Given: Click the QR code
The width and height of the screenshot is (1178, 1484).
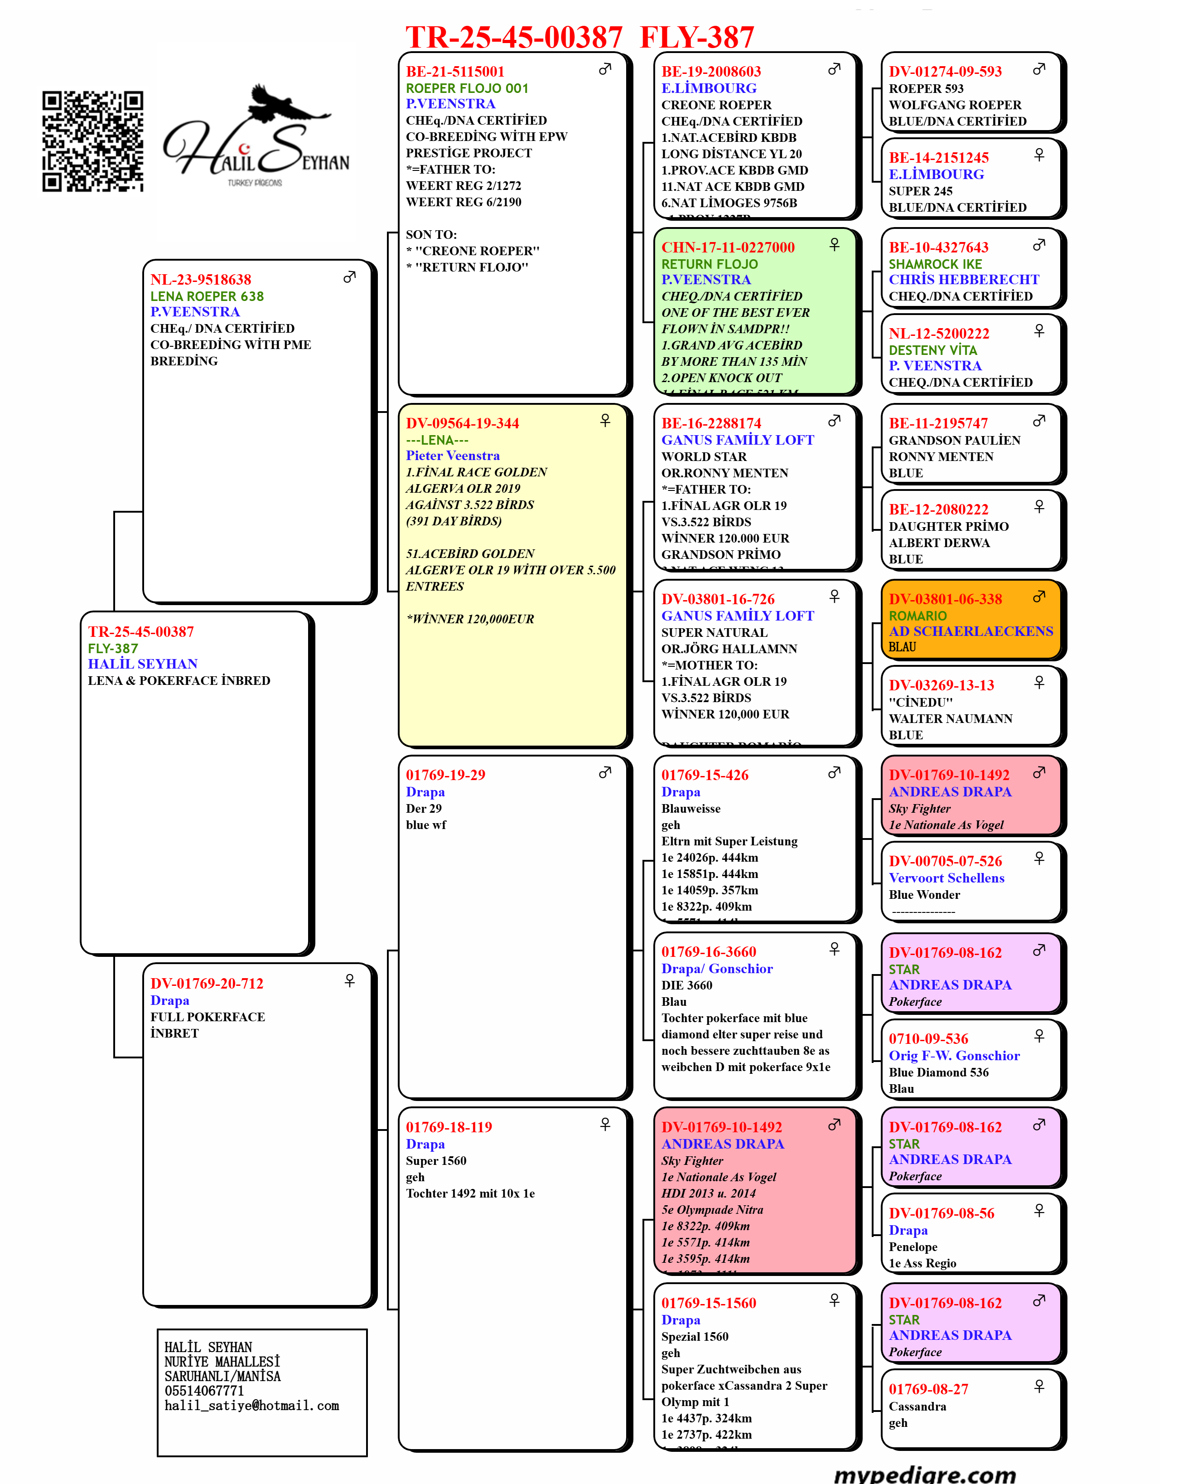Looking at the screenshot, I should pyautogui.click(x=93, y=141).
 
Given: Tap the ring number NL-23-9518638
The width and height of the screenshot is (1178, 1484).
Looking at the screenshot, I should pyautogui.click(x=201, y=280).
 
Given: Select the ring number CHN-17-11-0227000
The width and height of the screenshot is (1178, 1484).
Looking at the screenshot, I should pyautogui.click(x=728, y=247).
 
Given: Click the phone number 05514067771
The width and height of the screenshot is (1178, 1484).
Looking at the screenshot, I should pyautogui.click(x=204, y=1390).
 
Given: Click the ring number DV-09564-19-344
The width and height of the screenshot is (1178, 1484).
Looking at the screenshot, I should pyautogui.click(x=463, y=423).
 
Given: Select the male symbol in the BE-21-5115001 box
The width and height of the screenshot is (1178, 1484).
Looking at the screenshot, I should pyautogui.click(x=605, y=69).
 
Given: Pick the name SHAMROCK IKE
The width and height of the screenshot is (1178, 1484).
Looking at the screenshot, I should pyautogui.click(x=935, y=264).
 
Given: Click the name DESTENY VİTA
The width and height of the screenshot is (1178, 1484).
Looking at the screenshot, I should pyautogui.click(x=932, y=349).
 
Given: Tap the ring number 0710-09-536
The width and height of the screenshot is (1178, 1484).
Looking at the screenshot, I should pyautogui.click(x=928, y=1038).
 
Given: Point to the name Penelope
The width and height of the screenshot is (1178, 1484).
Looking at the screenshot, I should pyautogui.click(x=913, y=1246).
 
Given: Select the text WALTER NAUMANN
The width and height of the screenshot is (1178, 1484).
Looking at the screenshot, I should pyautogui.click(x=950, y=718).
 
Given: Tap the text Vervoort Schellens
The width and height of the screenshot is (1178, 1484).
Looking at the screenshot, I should pyautogui.click(x=946, y=878).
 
